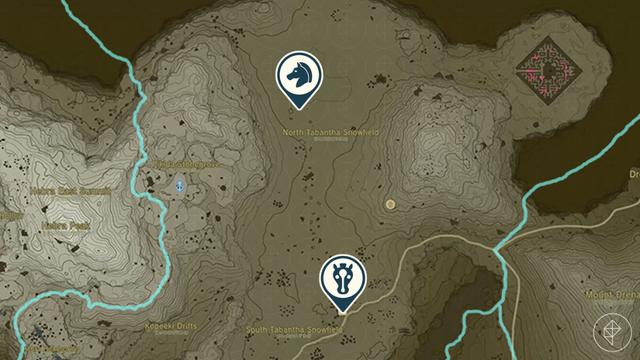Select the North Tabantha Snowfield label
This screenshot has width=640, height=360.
pos(330,133)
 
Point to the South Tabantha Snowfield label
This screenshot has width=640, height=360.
pos(294,330)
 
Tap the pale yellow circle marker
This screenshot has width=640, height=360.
pos(390,204)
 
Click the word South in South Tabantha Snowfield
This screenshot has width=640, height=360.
pos(258,330)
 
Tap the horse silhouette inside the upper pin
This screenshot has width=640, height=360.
pos(299,74)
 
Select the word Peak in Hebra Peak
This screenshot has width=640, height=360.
pos(81,227)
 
